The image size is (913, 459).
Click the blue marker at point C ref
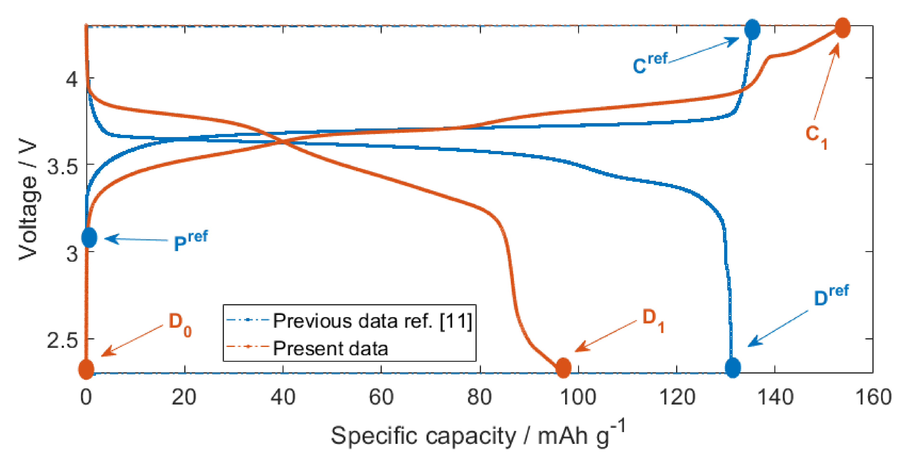click(752, 29)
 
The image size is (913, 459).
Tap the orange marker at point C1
click(842, 28)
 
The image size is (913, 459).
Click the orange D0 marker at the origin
click(86, 369)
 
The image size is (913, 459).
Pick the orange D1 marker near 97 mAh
click(563, 368)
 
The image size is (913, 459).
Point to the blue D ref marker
click(733, 368)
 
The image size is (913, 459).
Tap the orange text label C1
click(816, 136)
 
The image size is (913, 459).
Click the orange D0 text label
click(180, 324)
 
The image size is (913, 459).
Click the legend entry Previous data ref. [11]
click(372, 321)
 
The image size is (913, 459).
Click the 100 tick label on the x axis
click(578, 397)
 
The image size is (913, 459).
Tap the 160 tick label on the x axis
click(873, 397)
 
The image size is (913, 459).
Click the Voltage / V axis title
click(28, 200)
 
